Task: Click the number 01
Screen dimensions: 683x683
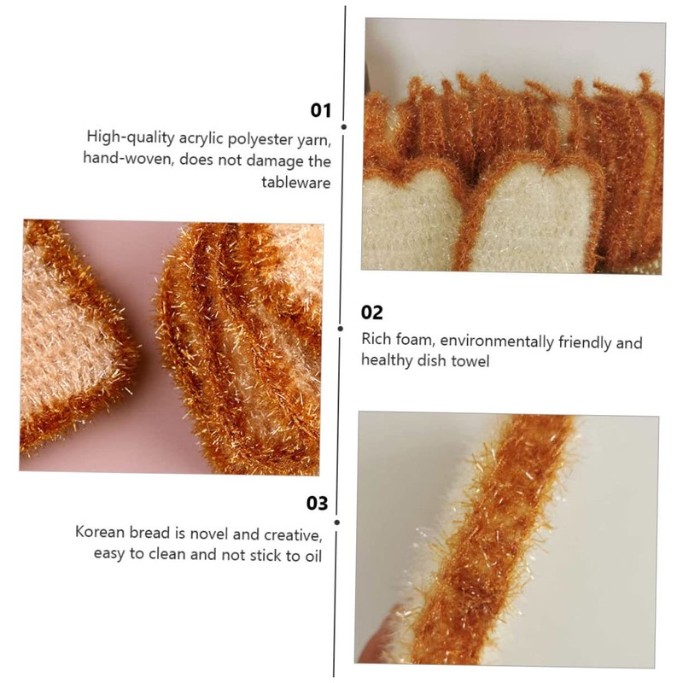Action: coord(319,110)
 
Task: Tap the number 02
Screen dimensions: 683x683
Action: coord(372,312)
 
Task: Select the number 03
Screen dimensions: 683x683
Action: coord(318,504)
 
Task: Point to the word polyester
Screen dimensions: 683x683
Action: coord(248,137)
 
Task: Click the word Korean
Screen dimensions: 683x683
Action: coord(101,533)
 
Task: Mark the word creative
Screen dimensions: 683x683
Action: coord(293,534)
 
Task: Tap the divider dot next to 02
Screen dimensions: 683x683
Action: coord(341,327)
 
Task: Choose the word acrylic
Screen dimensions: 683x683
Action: coord(190,137)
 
